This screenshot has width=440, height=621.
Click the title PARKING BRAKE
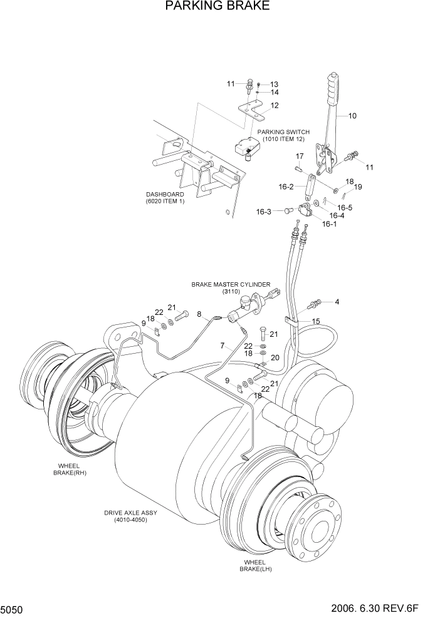click(217, 7)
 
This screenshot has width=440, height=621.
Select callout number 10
click(352, 116)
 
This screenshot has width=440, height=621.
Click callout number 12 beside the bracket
click(275, 105)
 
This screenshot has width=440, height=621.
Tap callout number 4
click(337, 302)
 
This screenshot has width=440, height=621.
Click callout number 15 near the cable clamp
click(316, 321)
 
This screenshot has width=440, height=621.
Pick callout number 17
click(300, 156)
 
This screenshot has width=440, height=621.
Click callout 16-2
click(286, 187)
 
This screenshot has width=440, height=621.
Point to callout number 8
click(199, 314)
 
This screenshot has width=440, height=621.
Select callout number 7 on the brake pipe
click(222, 346)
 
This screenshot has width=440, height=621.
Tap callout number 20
click(275, 357)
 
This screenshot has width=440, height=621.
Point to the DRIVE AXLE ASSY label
click(130, 516)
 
